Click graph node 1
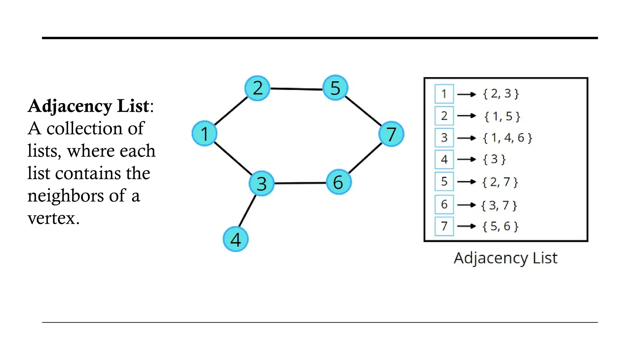[x=204, y=133]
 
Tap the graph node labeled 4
[x=236, y=239]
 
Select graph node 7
[x=391, y=134]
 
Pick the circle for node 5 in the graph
[x=335, y=88]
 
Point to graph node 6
[x=338, y=182]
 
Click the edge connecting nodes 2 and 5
[x=296, y=89]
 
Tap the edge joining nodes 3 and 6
[x=300, y=183]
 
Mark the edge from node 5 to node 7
[x=363, y=111]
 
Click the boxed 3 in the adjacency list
[x=444, y=137]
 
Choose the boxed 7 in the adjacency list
[x=444, y=226]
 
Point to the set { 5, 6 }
[x=500, y=226]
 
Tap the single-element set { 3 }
[x=494, y=159]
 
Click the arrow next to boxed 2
[x=466, y=116]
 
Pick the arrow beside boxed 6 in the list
[x=466, y=205]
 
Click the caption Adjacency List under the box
[x=505, y=258]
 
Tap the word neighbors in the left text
[x=66, y=196]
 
